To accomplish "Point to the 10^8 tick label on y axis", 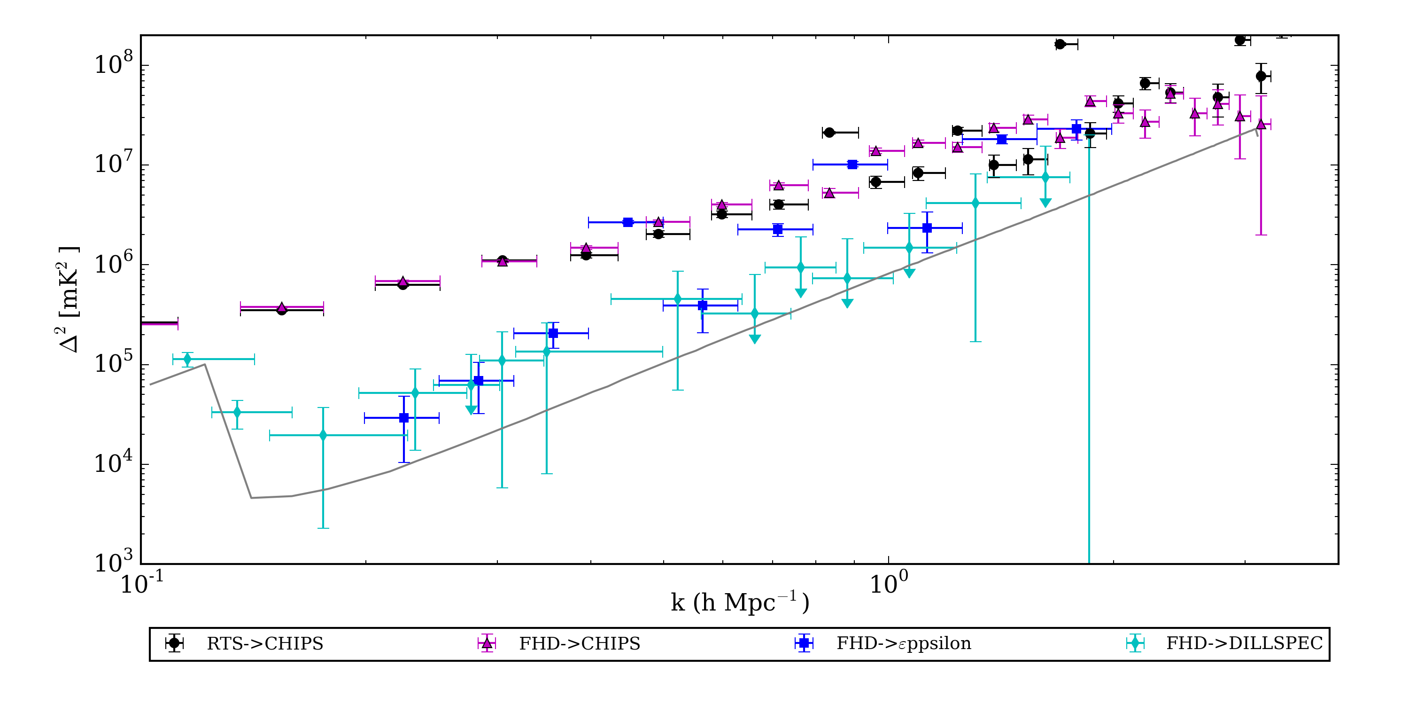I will [x=114, y=64].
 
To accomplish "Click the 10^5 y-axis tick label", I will [x=114, y=363].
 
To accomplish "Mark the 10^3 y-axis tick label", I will [x=114, y=562].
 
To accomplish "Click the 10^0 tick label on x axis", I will [x=889, y=583].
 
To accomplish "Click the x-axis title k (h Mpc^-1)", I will [x=740, y=603].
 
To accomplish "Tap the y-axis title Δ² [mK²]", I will [x=70, y=299].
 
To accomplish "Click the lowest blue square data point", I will [x=403, y=418].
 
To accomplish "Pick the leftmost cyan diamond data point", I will [x=187, y=359].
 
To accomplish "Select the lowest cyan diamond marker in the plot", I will [x=323, y=435].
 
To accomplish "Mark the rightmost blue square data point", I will [x=1076, y=129].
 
